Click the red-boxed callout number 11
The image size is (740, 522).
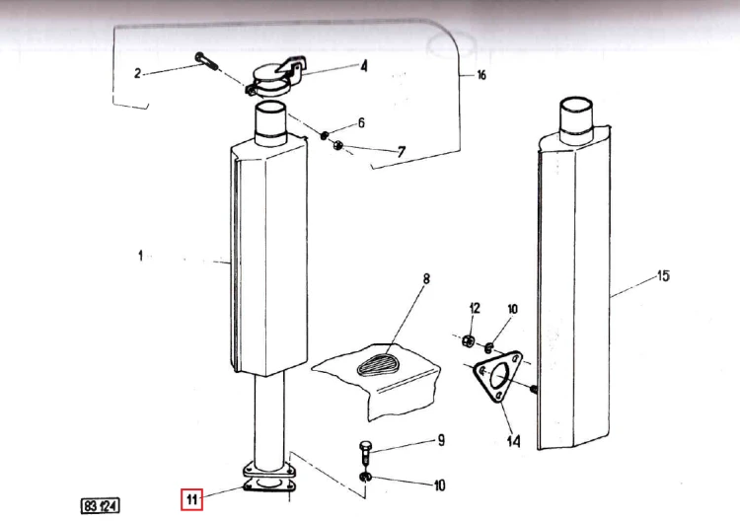(x=191, y=499)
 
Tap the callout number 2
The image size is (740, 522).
(x=137, y=73)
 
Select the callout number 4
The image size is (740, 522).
(x=364, y=66)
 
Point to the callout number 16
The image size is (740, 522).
(x=481, y=75)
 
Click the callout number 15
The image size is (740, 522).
(x=663, y=275)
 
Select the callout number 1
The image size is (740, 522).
(x=140, y=256)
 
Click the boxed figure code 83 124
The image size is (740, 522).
(x=100, y=506)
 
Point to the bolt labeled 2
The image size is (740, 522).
(x=207, y=62)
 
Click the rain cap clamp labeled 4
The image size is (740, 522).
(x=276, y=77)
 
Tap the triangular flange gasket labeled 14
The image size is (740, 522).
(x=497, y=376)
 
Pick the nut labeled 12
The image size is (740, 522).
(x=468, y=339)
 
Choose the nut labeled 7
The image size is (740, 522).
(x=337, y=145)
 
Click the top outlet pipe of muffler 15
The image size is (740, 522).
(x=576, y=119)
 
